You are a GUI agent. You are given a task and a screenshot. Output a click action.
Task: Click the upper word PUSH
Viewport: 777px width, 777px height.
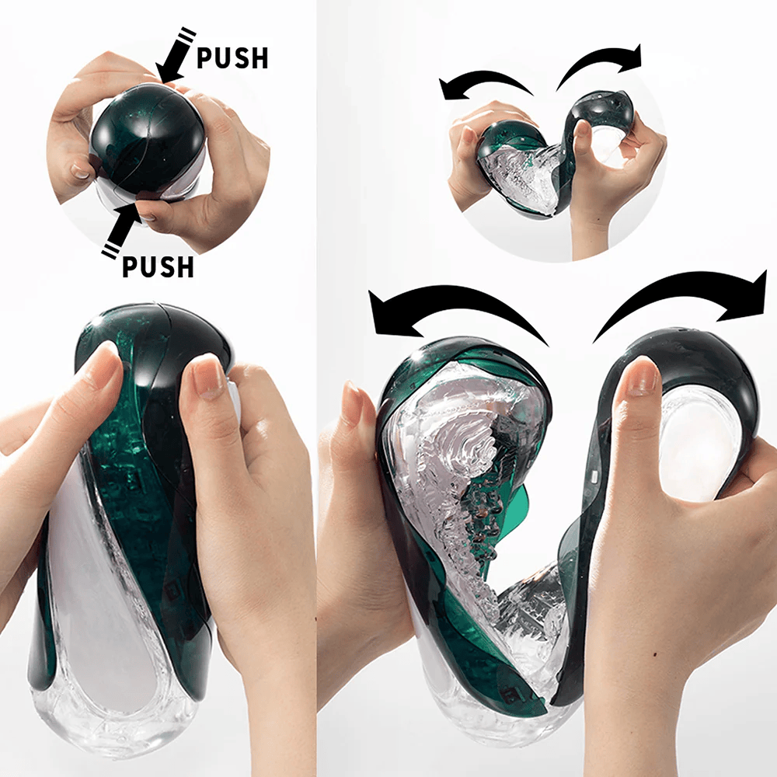click(232, 58)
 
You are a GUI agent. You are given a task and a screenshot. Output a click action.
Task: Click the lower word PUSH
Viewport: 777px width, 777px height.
click(158, 267)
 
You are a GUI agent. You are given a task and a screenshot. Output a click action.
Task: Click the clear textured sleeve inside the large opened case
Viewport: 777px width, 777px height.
click(451, 466)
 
